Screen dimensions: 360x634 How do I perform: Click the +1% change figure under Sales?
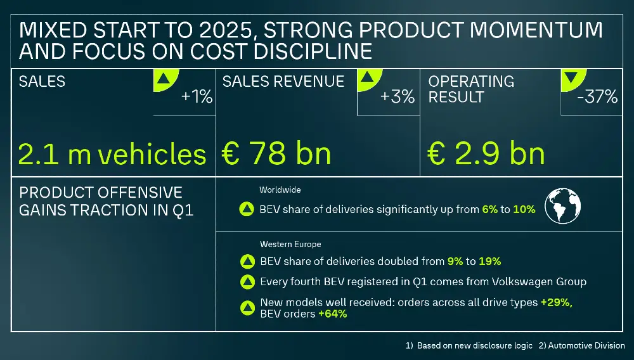pos(197,98)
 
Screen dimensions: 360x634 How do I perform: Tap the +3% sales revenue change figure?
pos(398,97)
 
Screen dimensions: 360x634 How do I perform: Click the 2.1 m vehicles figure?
pos(112,154)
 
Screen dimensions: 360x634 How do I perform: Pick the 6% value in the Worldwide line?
pos(489,209)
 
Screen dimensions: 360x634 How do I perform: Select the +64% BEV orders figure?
pos(332,314)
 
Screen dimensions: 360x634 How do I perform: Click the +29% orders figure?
pos(556,303)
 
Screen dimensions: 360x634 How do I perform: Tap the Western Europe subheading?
pos(290,244)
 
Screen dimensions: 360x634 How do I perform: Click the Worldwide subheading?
pos(280,190)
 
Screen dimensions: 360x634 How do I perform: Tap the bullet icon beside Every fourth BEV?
pos(247,282)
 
